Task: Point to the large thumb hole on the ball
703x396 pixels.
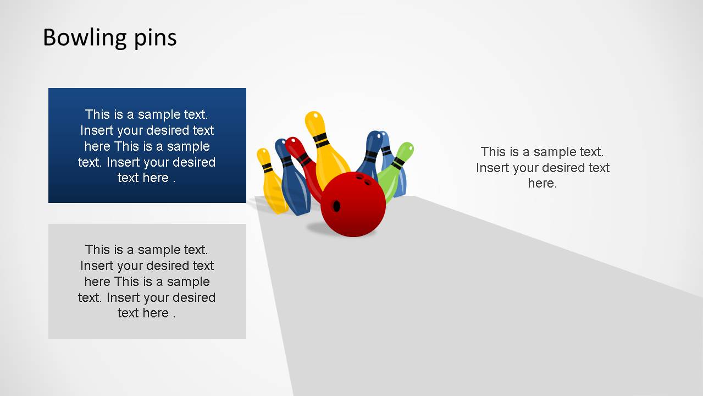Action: (336, 206)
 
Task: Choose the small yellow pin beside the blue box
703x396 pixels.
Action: (271, 182)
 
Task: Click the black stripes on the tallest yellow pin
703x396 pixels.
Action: (320, 138)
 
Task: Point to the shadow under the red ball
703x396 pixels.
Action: (330, 230)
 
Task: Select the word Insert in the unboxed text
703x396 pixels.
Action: (493, 168)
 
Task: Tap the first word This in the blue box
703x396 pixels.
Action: (97, 114)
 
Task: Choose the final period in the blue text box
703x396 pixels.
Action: (174, 178)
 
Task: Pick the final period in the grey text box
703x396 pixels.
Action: (174, 313)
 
